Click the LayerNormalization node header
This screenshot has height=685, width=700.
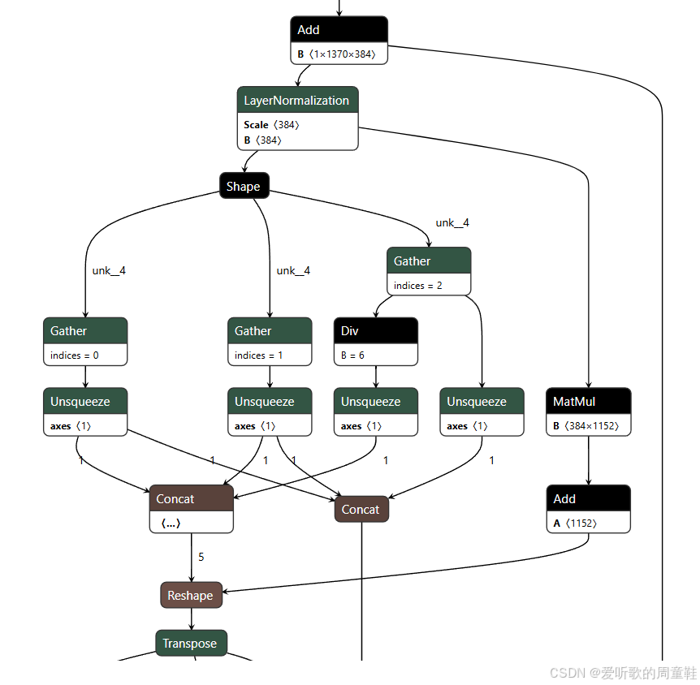297,101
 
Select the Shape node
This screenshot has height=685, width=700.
244,187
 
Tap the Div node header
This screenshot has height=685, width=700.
375,331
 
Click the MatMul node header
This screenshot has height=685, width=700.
588,402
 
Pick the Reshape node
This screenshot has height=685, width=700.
191,596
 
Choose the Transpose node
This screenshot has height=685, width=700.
191,644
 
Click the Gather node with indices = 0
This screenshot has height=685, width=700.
85,331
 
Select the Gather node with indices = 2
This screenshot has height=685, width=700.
428,261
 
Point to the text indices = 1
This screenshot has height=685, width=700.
259,355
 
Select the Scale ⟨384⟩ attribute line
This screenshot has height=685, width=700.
272,125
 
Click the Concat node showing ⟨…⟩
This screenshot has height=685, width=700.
191,499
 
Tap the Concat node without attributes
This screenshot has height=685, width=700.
361,510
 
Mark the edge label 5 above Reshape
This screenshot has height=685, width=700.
201,558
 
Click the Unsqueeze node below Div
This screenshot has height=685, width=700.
375,402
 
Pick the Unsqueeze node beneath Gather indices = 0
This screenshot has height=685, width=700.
85,402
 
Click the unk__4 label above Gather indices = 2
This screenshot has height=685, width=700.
452,223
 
